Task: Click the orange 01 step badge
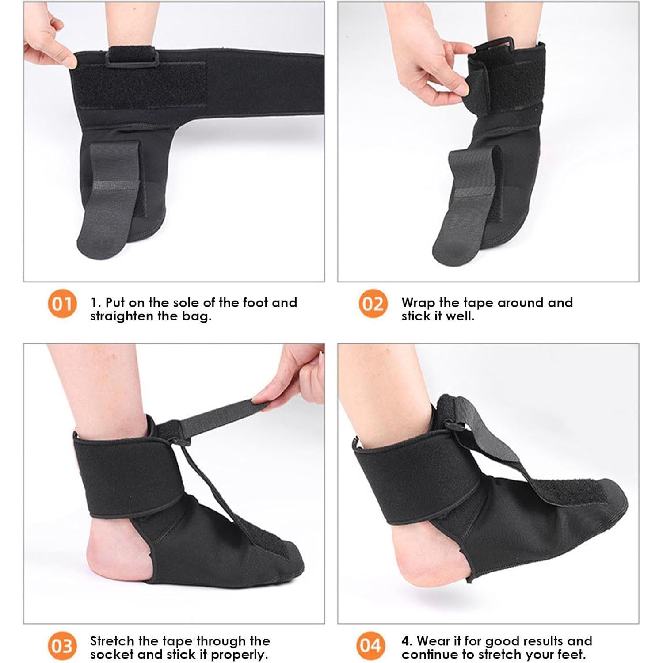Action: [x=62, y=304]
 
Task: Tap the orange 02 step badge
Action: [x=373, y=304]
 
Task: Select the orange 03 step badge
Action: [x=62, y=646]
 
